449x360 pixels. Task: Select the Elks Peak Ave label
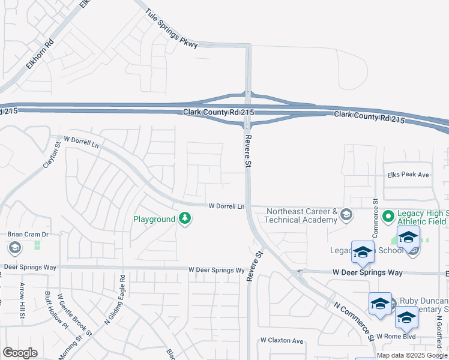408,175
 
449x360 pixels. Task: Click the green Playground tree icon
185,220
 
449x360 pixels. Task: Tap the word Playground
154,220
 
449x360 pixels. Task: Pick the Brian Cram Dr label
27,235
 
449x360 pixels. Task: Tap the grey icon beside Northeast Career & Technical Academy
346,214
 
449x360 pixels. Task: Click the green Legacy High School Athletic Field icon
388,215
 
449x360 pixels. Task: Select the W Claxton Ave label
282,340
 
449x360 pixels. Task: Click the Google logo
20,353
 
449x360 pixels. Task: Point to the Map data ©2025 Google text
412,355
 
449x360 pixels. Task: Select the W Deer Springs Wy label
216,271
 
